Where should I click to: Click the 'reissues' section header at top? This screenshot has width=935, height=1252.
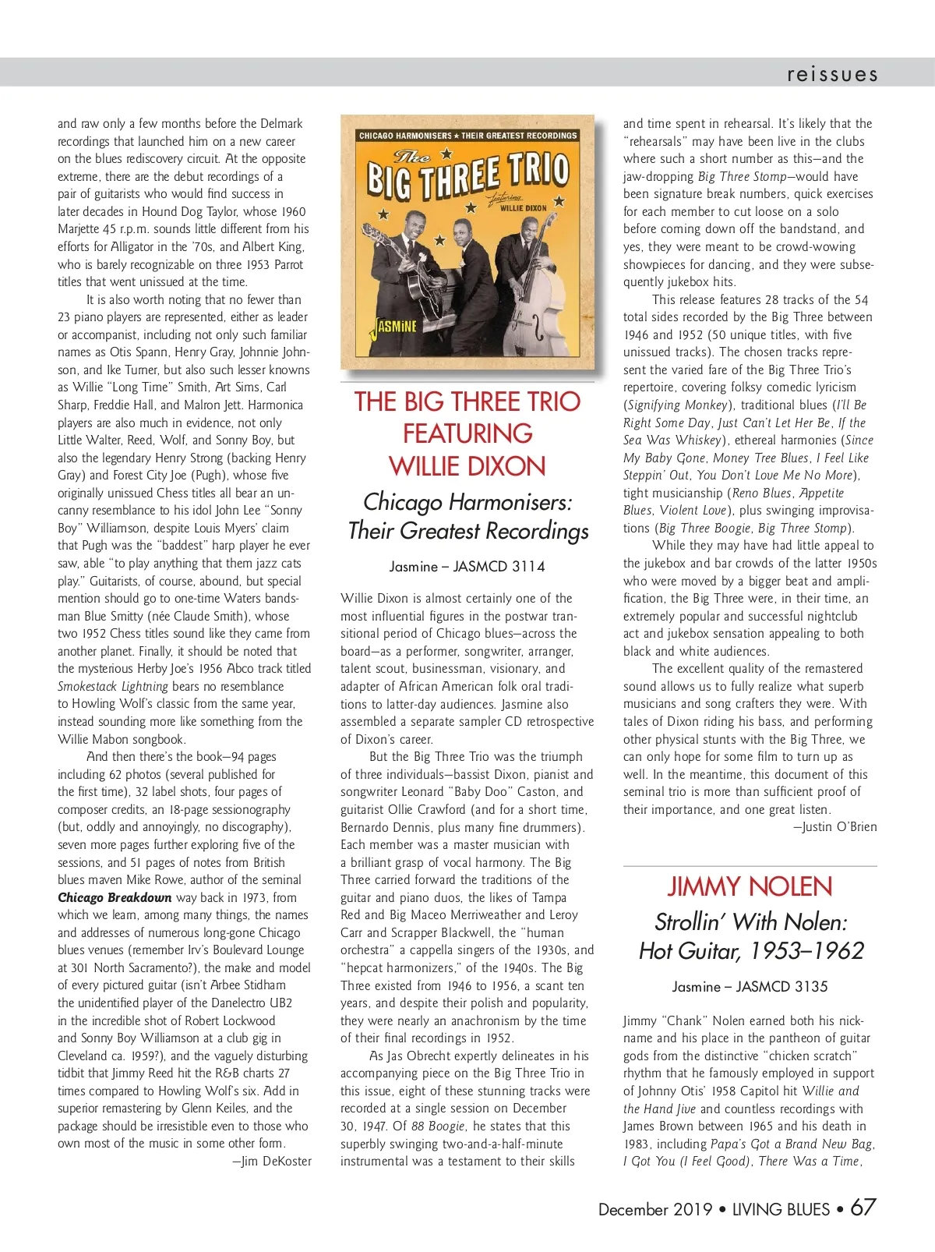pyautogui.click(x=832, y=74)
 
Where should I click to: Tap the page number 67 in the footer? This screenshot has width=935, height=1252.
pyautogui.click(x=863, y=1208)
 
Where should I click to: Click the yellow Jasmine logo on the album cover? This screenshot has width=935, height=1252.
pyautogui.click(x=396, y=326)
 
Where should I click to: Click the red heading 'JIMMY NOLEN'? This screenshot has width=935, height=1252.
pyautogui.click(x=750, y=886)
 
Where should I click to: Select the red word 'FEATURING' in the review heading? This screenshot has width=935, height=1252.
pyautogui.click(x=467, y=433)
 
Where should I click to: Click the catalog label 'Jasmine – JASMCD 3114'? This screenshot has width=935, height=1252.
pyautogui.click(x=467, y=567)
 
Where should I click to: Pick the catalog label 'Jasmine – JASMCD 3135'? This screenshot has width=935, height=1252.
pyautogui.click(x=750, y=986)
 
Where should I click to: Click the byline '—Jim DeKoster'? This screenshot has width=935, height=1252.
pyautogui.click(x=272, y=1161)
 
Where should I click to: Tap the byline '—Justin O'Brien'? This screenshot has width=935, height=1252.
pyautogui.click(x=835, y=826)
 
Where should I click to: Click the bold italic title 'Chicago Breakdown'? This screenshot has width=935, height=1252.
pyautogui.click(x=115, y=897)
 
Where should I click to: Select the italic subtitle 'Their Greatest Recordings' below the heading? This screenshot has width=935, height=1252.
pyautogui.click(x=467, y=531)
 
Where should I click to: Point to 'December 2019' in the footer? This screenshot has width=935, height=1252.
pyautogui.click(x=655, y=1209)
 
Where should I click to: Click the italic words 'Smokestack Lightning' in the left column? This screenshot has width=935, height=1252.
pyautogui.click(x=113, y=686)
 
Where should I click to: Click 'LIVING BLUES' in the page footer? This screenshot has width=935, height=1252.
pyautogui.click(x=781, y=1209)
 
